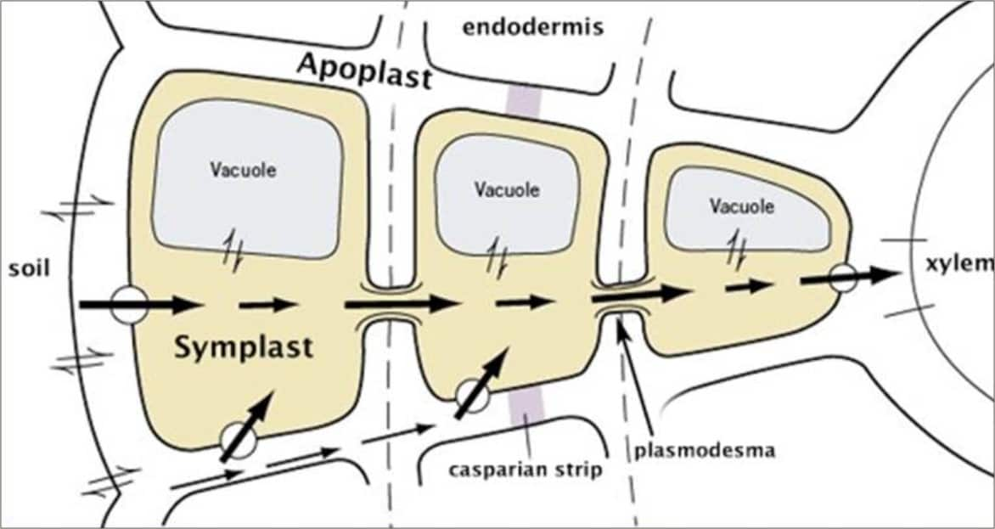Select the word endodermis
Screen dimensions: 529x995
click(532, 28)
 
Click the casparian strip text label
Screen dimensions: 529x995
click(527, 469)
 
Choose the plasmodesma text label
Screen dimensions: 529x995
click(705, 450)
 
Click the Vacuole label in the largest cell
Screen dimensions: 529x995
click(244, 169)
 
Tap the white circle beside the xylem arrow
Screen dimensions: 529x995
click(842, 277)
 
